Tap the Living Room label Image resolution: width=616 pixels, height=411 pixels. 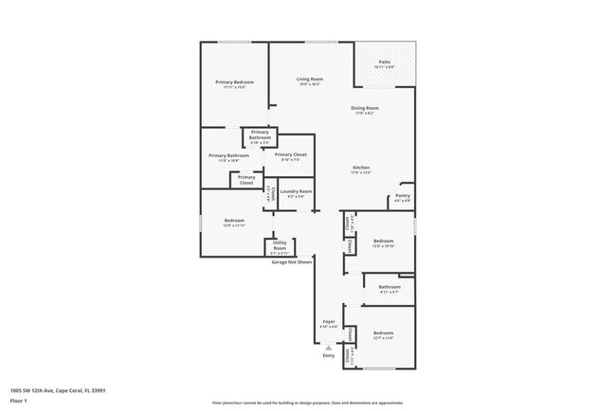[310, 79]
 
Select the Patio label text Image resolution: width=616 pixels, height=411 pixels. [385, 63]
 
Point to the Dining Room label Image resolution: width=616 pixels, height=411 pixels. [365, 108]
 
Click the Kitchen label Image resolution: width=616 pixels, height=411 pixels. [361, 168]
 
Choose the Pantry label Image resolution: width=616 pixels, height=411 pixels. [401, 196]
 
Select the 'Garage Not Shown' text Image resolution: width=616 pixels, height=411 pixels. [293, 261]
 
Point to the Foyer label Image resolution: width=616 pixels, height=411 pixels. [329, 322]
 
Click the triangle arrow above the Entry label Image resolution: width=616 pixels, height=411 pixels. [329, 348]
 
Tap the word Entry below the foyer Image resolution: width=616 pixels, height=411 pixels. [329, 356]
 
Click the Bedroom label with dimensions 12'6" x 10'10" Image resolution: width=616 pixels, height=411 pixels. [383, 241]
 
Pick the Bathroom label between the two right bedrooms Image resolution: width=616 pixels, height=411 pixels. [390, 286]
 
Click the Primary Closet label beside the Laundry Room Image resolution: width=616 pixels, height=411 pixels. [290, 154]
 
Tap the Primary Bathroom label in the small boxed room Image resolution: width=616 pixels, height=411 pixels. [260, 134]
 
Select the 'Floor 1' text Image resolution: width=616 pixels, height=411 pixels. [19, 401]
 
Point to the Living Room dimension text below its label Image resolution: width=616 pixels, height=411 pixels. [310, 84]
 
